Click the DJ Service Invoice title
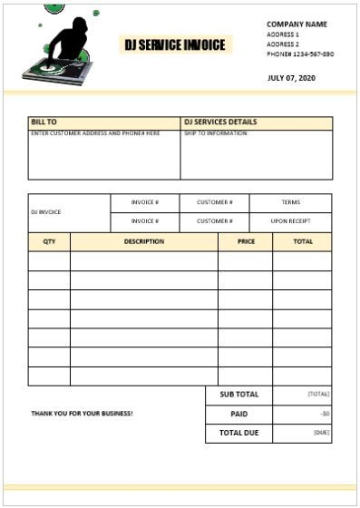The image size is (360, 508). pyautogui.click(x=175, y=44)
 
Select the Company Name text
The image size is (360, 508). pyautogui.click(x=297, y=24)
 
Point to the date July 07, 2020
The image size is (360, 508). pyautogui.click(x=292, y=78)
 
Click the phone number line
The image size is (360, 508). pyautogui.click(x=299, y=54)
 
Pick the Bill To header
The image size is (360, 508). pyautogui.click(x=44, y=122)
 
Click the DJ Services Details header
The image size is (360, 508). pyautogui.click(x=220, y=122)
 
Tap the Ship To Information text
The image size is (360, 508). pyautogui.click(x=216, y=133)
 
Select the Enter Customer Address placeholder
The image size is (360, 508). pyautogui.click(x=95, y=133)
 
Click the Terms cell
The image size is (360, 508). pyautogui.click(x=290, y=202)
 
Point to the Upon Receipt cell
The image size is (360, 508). pyautogui.click(x=290, y=220)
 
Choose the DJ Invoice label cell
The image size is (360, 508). pyautogui.click(x=46, y=212)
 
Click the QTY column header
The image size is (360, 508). pyautogui.click(x=49, y=242)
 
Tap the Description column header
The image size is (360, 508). pyautogui.click(x=144, y=242)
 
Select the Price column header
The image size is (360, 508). pyautogui.click(x=246, y=242)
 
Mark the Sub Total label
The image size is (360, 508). pyautogui.click(x=238, y=395)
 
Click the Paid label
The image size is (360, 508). pyautogui.click(x=238, y=414)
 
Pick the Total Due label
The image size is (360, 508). pyautogui.click(x=238, y=433)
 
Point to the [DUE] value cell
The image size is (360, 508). pyautogui.click(x=321, y=433)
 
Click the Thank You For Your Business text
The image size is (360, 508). pyautogui.click(x=82, y=413)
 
